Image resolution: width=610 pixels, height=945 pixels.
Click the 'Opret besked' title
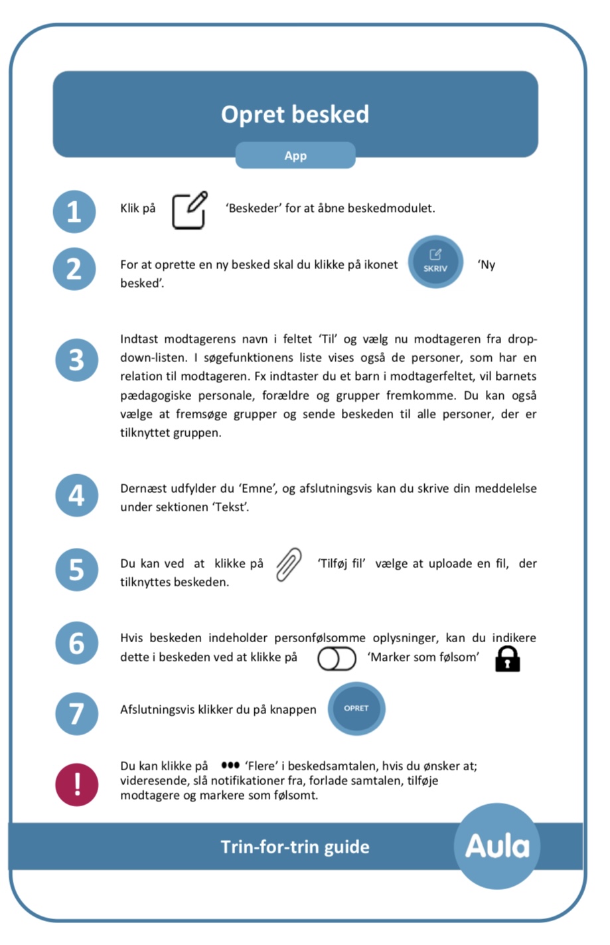point(295,114)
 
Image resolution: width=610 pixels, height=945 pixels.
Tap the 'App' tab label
point(295,155)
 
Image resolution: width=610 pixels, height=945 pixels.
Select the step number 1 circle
point(74,212)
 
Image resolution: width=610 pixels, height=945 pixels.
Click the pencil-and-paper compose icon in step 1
point(189,210)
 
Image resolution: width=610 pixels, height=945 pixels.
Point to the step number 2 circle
point(74,269)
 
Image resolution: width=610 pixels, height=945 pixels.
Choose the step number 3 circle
point(76,360)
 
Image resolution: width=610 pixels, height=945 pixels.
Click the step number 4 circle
point(76,495)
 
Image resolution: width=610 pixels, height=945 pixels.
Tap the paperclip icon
point(289,565)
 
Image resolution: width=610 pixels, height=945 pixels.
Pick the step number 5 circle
point(76,570)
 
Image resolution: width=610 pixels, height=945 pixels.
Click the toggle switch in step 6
point(337,659)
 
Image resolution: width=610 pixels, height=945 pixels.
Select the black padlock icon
point(508,659)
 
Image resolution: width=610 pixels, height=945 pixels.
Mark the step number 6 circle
point(76,644)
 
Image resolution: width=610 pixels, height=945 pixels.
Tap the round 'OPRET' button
point(356,709)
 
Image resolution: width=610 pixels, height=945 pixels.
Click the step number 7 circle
point(76,713)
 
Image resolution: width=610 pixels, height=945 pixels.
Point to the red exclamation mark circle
point(77,784)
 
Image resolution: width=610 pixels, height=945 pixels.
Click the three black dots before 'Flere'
point(230,765)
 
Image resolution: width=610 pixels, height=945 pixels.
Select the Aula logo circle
point(497,846)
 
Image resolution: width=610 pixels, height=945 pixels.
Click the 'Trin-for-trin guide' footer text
point(295,847)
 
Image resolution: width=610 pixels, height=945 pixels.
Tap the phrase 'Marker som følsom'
point(423,657)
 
